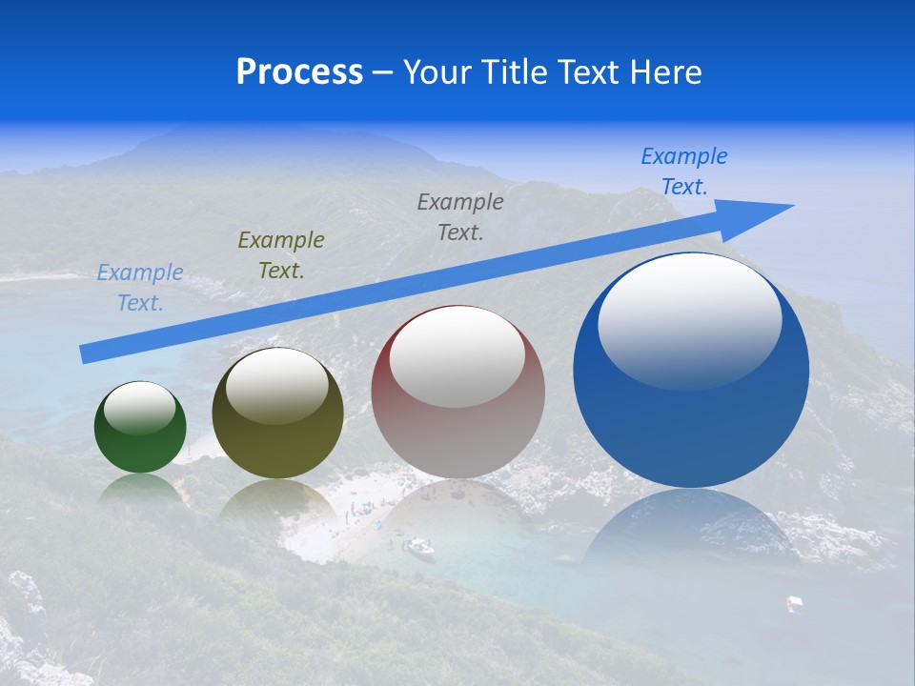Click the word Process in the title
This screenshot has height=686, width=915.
pyautogui.click(x=299, y=72)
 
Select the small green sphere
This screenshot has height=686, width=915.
pyautogui.click(x=140, y=443)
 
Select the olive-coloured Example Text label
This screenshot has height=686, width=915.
pyautogui.click(x=281, y=255)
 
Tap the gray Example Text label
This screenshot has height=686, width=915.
pyautogui.click(x=460, y=217)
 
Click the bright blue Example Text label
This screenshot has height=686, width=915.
pyautogui.click(x=684, y=171)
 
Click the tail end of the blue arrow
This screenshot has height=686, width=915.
pyautogui.click(x=88, y=353)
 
